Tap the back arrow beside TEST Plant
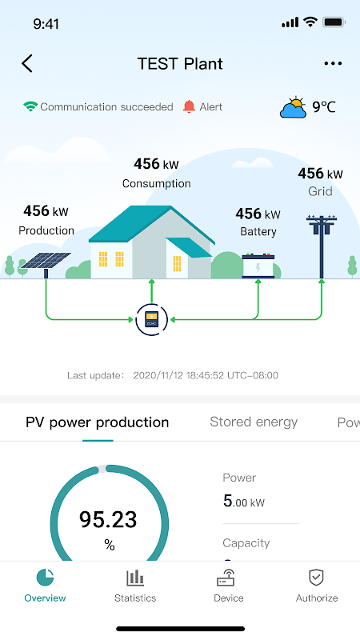pos(27,64)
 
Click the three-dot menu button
pos(333,63)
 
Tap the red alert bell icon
pos(189,106)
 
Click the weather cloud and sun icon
pos(294,108)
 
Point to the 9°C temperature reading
pos(324,107)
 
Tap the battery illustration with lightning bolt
pos(258,266)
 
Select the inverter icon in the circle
pos(151,319)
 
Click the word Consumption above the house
pos(156,183)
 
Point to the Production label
pos(46,230)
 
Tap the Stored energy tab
pos(254,422)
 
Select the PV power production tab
pos(97,422)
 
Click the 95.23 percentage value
pos(108,519)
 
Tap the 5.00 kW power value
pos(244,502)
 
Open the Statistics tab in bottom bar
pos(135,586)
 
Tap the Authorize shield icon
pos(316,578)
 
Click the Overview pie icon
pos(45,578)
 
